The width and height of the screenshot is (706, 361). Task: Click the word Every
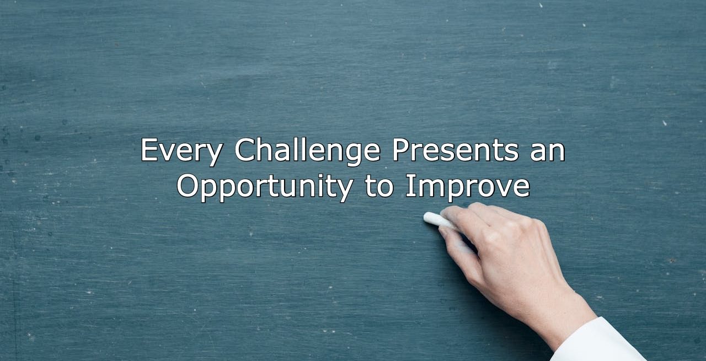pos(182,151)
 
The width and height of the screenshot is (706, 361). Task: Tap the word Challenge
pos(308,151)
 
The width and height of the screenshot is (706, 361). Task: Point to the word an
pos(548,153)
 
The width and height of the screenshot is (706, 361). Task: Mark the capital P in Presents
pos(401,149)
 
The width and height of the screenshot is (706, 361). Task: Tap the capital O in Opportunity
pos(188,186)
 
